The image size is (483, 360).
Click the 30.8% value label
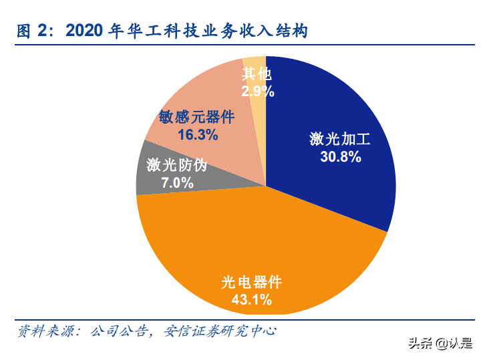click(x=340, y=157)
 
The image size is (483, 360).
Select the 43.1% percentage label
click(x=251, y=300)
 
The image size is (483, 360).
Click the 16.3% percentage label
click(x=198, y=135)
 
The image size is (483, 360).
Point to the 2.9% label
click(x=258, y=92)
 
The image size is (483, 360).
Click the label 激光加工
click(x=340, y=140)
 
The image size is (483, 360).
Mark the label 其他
click(x=258, y=73)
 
